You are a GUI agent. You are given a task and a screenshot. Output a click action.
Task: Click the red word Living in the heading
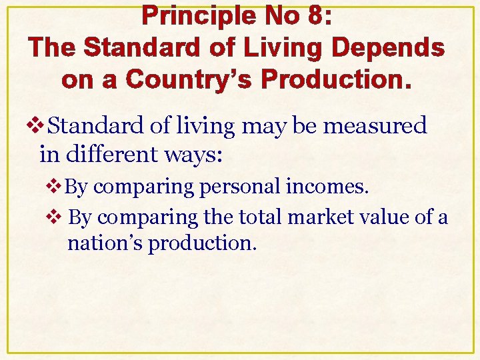(283, 48)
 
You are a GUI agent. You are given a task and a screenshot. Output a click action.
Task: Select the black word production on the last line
(202, 243)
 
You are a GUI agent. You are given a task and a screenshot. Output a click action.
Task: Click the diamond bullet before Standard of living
(43, 125)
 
